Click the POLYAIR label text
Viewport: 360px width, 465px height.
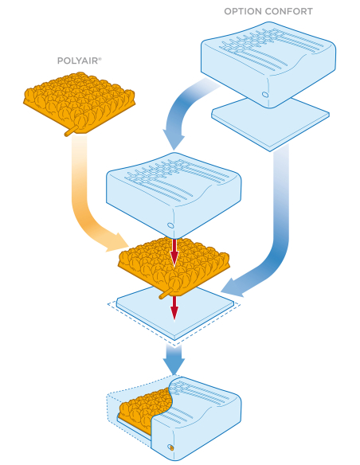(79, 61)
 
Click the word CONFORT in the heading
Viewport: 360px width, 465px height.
(289, 12)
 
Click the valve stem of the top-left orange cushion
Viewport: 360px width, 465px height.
(72, 131)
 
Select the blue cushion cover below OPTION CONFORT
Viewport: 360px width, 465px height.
(268, 64)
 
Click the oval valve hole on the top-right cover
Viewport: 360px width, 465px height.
(265, 95)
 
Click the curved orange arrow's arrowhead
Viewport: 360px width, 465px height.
(118, 243)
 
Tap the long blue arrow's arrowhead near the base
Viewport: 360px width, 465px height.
(233, 287)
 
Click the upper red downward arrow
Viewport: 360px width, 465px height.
(174, 252)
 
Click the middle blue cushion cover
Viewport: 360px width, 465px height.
(174, 195)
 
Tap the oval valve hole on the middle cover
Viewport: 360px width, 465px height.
(170, 225)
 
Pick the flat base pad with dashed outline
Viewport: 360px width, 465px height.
(175, 315)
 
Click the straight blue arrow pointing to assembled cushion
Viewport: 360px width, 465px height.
(174, 359)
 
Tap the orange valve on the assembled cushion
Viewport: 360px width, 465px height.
(170, 447)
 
